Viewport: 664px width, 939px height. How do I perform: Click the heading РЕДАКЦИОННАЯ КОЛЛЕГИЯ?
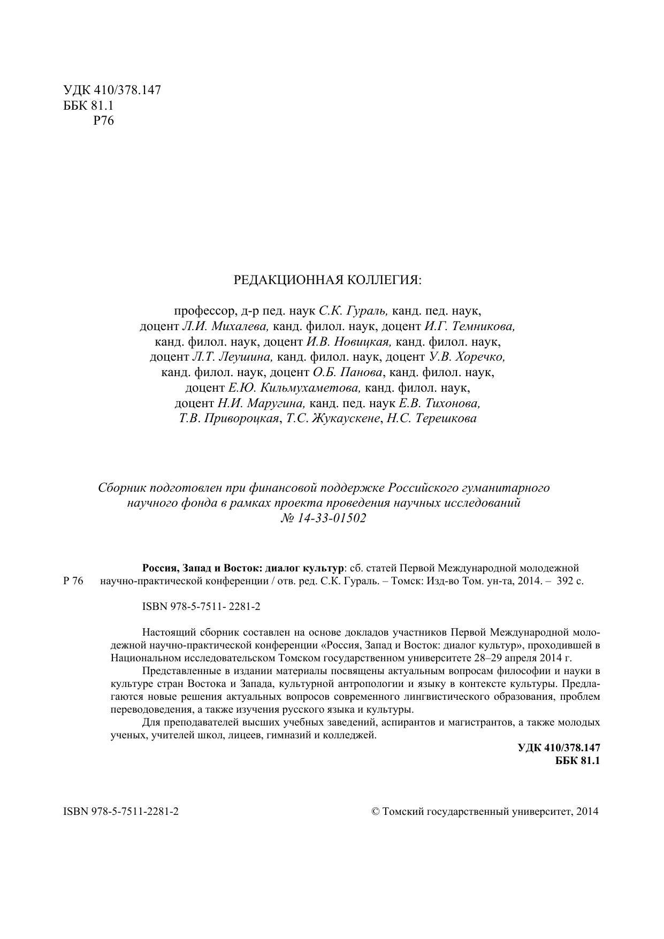tap(327, 280)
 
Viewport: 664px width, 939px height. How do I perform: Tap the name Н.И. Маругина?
tap(262, 403)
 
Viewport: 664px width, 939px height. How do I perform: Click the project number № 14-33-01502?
tap(323, 518)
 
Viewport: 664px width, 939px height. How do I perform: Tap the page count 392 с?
tap(570, 581)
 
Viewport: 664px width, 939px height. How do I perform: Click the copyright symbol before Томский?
tap(375, 812)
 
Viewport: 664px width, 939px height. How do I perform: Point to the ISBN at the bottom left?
tap(121, 812)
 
